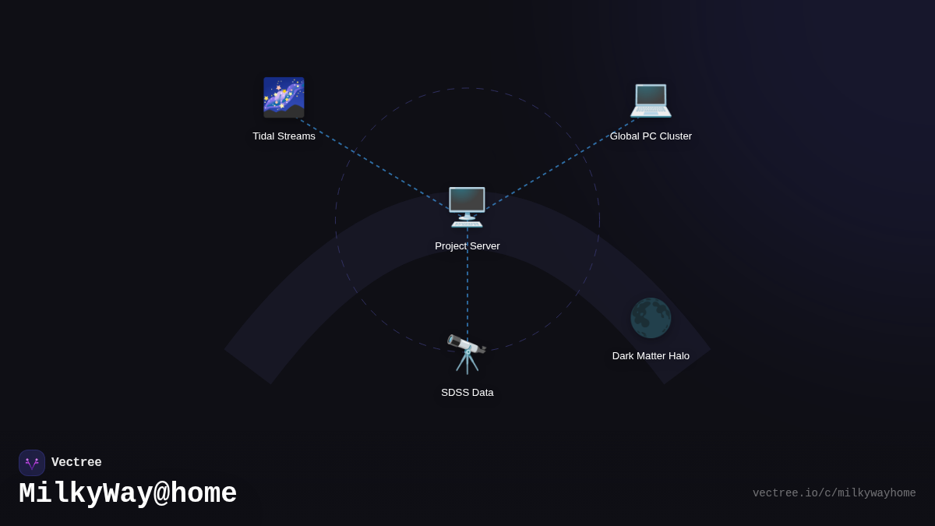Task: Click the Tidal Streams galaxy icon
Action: [x=284, y=97]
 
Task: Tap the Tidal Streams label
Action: [x=284, y=136]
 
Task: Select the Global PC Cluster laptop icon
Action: [x=651, y=99]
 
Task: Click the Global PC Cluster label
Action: [x=651, y=136]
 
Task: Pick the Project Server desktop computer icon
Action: [x=467, y=207]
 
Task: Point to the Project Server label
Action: [x=467, y=246]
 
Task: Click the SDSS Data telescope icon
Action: [x=467, y=353]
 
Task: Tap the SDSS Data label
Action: [x=467, y=393]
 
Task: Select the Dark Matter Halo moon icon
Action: [x=651, y=318]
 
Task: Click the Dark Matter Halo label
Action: [x=651, y=356]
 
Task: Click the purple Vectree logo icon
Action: [x=32, y=463]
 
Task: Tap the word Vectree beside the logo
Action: [x=76, y=463]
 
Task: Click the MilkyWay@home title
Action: [x=128, y=494]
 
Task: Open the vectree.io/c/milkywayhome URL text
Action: [x=834, y=493]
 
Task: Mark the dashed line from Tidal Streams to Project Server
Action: [x=374, y=163]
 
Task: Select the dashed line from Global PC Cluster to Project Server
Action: [x=561, y=163]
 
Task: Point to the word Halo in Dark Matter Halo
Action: [x=676, y=356]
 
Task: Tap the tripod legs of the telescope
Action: [x=467, y=364]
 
